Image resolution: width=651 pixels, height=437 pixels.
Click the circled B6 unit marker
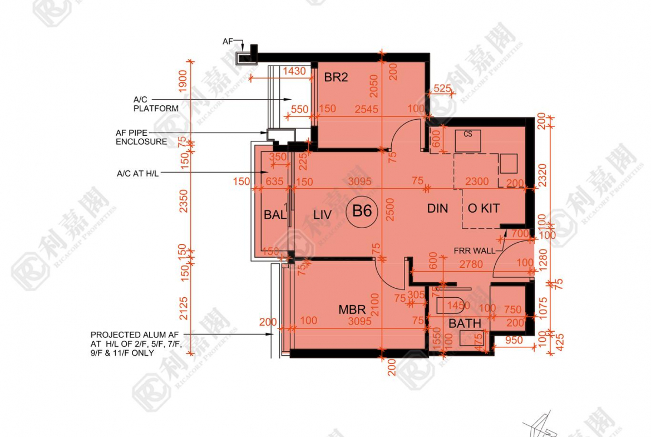(x=362, y=212)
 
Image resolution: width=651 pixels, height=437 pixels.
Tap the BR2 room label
(x=336, y=77)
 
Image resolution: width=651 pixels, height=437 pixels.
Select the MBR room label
(x=352, y=310)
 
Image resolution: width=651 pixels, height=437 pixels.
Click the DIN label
(x=437, y=208)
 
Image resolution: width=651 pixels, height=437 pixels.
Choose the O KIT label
(x=484, y=208)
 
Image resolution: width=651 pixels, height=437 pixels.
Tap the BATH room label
(x=465, y=323)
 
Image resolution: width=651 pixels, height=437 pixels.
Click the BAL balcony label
(x=275, y=215)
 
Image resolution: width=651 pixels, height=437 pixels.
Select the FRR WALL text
(x=474, y=251)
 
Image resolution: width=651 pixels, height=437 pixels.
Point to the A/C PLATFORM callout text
(x=156, y=104)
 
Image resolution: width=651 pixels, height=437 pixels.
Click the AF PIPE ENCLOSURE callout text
(x=141, y=138)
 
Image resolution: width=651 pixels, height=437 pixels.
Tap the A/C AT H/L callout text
(x=137, y=174)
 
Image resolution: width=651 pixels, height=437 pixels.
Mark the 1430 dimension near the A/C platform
(x=294, y=71)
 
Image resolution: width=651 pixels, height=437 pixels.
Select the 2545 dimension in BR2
(x=365, y=109)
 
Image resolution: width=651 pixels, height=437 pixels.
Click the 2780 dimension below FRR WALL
(x=471, y=265)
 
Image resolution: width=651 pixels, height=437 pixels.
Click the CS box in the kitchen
(x=468, y=134)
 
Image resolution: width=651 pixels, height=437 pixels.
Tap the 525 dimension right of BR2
(x=442, y=88)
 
